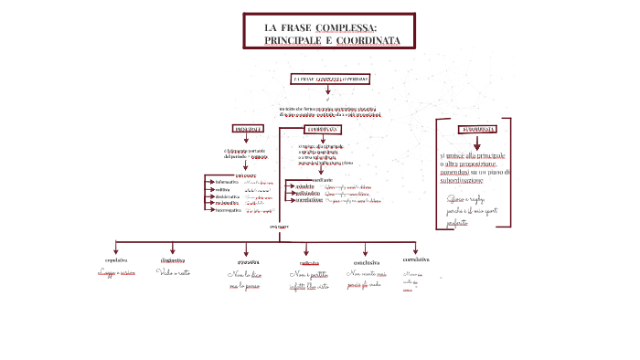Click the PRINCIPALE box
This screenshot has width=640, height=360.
tap(248, 129)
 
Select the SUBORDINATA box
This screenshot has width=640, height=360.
tap(478, 128)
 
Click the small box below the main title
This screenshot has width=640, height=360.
tap(331, 79)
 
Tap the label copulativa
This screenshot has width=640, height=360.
tap(115, 260)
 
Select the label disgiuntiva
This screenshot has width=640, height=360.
tap(174, 260)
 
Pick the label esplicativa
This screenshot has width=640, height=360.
tap(310, 262)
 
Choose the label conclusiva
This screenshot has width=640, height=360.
tap(366, 261)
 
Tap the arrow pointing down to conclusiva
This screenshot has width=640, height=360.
tap(366, 249)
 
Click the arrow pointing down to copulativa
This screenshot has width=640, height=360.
tap(115, 249)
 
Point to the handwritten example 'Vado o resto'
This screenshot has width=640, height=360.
tap(174, 272)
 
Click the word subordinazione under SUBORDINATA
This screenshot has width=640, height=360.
tap(462, 180)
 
